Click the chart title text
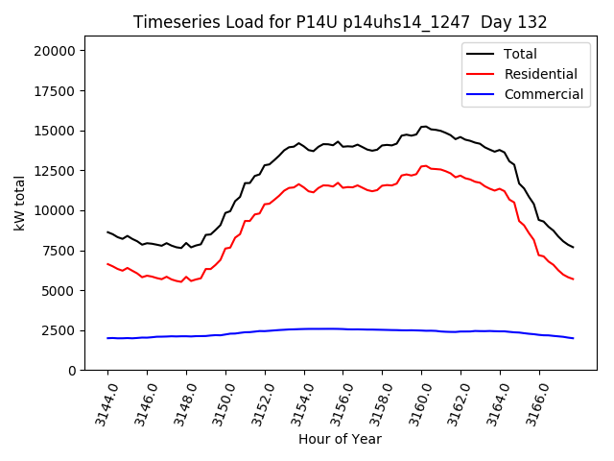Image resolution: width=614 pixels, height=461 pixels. (340, 22)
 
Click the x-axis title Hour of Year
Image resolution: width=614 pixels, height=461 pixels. (340, 439)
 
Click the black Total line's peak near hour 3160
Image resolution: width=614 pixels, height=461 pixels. (424, 126)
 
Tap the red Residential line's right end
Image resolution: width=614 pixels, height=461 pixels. (574, 279)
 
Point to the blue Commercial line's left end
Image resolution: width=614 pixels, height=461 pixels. (107, 338)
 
